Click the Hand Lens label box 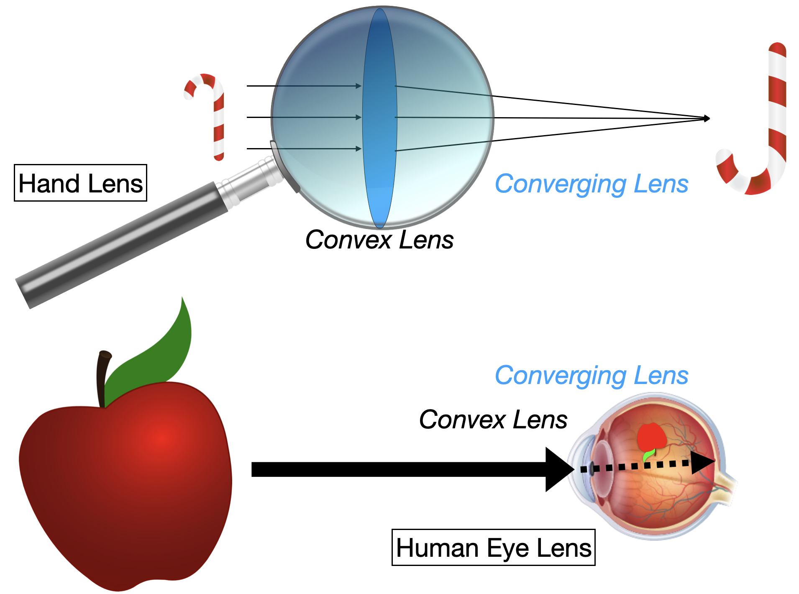[80, 183]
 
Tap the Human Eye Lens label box [493, 547]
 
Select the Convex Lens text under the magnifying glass [379, 240]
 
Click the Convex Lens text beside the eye [493, 419]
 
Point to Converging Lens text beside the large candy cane [591, 184]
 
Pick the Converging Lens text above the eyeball [591, 375]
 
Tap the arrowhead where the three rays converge [707, 118]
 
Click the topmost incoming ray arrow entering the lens [303, 86]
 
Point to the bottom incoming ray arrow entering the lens [303, 148]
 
